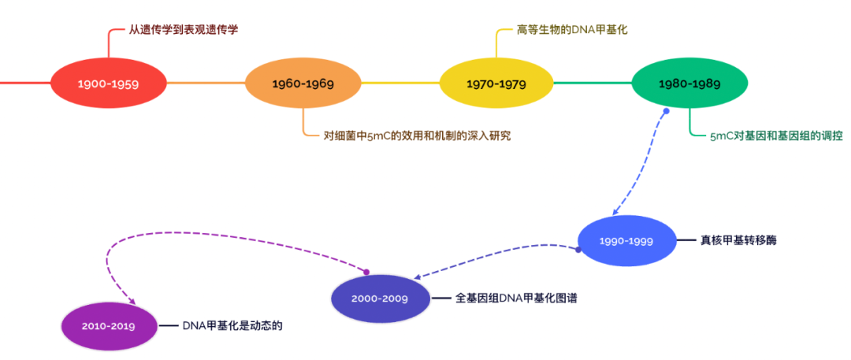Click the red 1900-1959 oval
pos(109,83)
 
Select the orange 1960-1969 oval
pos(303,83)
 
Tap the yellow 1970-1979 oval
pos(496,83)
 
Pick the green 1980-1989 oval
pos(689,83)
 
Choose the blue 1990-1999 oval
pos(626,240)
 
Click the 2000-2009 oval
pos(379,299)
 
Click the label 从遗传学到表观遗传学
pos(183,30)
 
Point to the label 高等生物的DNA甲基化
pos(571,30)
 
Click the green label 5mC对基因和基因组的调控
pos(775,135)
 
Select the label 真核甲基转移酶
pos(738,240)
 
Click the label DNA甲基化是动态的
pos(232,325)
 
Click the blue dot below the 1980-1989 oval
pos(666,111)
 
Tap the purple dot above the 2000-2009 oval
pos(366,271)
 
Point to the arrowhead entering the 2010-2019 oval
pos(132,303)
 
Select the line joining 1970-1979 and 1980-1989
pos(593,83)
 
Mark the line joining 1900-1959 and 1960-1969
pos(206,83)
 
